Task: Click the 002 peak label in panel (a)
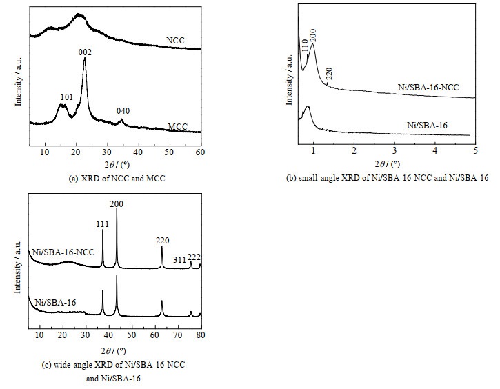click(85, 52)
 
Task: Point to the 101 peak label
click(66, 97)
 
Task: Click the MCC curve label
click(178, 126)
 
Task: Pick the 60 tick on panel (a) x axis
click(200, 151)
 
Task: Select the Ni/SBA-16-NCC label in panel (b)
click(429, 88)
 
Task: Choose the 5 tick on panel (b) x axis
click(475, 150)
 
